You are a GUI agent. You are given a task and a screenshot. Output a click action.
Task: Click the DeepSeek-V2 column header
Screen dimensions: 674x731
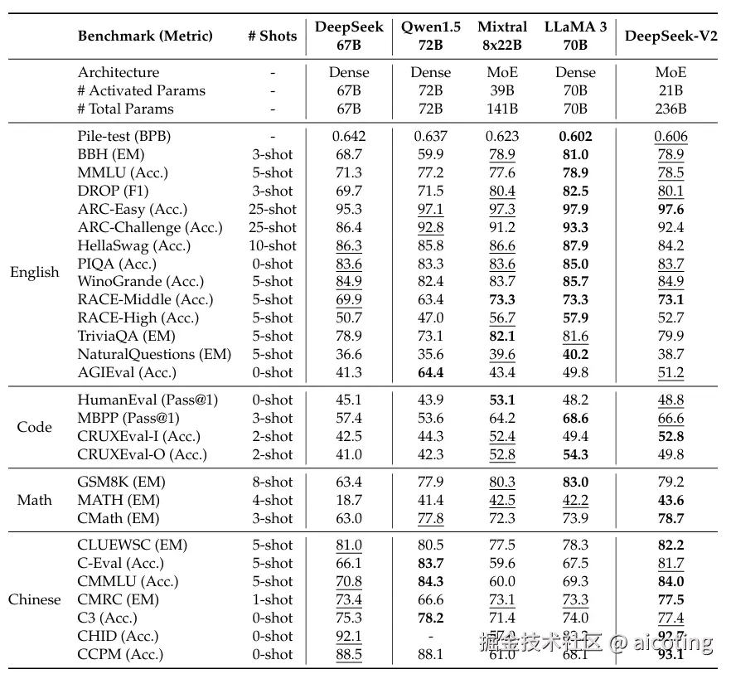670,36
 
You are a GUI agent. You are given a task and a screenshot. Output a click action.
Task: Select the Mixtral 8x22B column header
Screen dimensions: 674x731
502,36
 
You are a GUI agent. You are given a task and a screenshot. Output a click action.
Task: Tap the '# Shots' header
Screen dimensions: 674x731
272,36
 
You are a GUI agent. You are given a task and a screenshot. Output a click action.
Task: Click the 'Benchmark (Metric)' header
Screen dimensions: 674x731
145,36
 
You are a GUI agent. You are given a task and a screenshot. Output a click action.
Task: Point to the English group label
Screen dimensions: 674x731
34,273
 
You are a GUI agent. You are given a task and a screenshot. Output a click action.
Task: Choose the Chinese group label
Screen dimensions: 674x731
34,599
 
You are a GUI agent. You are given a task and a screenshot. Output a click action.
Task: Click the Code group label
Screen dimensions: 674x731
34,427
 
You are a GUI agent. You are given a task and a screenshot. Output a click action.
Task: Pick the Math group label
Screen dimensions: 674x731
34,500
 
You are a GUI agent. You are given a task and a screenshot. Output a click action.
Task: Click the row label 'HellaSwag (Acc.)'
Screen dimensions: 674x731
134,245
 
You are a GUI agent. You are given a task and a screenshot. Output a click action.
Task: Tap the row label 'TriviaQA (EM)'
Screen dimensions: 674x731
127,336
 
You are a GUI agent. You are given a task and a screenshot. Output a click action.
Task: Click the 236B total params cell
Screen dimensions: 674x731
670,109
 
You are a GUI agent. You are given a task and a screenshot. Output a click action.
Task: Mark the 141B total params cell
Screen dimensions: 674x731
502,109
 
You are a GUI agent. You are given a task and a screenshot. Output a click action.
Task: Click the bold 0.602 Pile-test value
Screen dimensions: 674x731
575,136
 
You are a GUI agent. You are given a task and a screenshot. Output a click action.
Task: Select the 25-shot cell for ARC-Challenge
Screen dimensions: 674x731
272,227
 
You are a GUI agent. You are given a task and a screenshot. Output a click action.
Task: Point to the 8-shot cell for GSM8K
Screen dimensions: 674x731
272,482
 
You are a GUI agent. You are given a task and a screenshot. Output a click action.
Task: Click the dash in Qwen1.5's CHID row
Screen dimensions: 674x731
430,636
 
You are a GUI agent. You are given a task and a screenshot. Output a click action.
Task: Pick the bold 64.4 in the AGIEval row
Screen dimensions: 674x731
430,372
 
